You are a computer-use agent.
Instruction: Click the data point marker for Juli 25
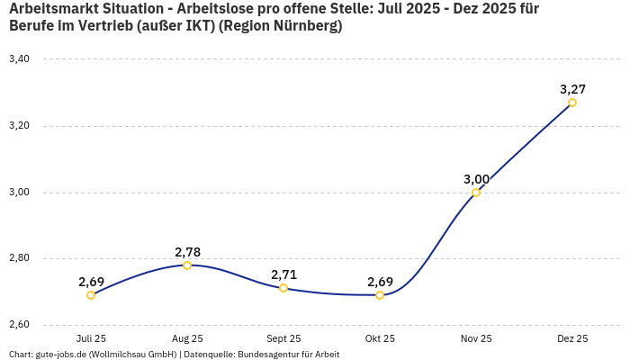point(91,295)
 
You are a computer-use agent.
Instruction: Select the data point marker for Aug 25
point(187,265)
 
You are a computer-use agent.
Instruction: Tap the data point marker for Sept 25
point(283,288)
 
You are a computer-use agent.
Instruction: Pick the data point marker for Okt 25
point(380,295)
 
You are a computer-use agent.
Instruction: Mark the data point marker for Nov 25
point(476,193)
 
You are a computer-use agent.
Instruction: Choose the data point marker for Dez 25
point(572,103)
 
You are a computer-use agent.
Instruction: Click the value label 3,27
point(572,89)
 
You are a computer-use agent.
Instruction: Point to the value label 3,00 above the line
point(476,179)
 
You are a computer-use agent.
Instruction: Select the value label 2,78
point(187,252)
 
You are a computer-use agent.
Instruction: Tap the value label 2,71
point(283,274)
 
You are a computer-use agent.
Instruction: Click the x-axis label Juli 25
point(91,338)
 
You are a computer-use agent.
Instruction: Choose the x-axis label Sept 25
point(283,338)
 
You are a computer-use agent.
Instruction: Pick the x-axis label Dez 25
point(572,338)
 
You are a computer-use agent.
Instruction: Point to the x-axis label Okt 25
point(380,338)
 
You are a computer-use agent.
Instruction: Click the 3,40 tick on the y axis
point(19,59)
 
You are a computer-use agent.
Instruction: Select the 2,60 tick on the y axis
point(19,325)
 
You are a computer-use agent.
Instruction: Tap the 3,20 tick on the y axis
point(19,126)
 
